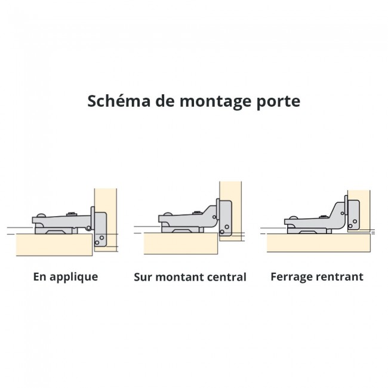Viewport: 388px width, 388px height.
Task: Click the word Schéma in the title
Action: [x=119, y=101]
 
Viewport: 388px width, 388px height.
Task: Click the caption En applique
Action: [x=66, y=277]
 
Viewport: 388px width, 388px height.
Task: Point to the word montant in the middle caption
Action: [x=180, y=277]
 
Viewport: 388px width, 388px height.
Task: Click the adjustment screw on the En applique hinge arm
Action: [x=72, y=214]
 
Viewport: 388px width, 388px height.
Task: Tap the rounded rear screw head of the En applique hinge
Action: [x=41, y=215]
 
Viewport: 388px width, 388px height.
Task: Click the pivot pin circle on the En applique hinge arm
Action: [x=88, y=228]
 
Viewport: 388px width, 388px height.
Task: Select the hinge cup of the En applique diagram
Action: [x=100, y=229]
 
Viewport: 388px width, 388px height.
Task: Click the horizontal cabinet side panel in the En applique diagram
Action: [x=54, y=245]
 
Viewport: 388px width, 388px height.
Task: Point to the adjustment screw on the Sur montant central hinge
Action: [x=197, y=213]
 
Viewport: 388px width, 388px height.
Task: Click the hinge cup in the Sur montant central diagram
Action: [x=225, y=218]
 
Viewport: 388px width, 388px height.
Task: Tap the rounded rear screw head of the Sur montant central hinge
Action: [x=167, y=214]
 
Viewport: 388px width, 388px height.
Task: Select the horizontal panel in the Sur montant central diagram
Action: [x=181, y=243]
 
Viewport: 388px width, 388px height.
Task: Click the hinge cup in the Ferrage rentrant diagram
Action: [x=353, y=215]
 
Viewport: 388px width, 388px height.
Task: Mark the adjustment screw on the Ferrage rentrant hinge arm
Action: [x=324, y=217]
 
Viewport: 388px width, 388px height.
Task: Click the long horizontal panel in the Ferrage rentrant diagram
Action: [x=319, y=243]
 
